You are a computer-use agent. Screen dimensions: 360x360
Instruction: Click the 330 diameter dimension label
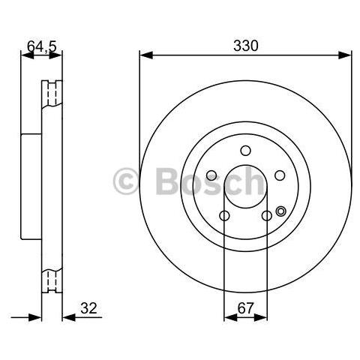tap(245, 46)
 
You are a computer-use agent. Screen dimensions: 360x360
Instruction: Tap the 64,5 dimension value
tap(42, 46)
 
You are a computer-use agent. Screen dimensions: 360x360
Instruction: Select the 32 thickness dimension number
tap(88, 308)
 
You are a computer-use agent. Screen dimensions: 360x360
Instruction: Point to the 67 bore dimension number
tap(245, 308)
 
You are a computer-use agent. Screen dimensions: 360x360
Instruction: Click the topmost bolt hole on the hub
tap(246, 151)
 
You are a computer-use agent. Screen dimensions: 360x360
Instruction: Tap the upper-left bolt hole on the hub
tap(211, 175)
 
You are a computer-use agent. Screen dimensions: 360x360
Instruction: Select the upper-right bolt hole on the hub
tap(280, 175)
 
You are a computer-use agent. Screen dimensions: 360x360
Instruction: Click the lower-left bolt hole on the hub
tap(224, 215)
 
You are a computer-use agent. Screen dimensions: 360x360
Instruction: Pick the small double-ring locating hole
tap(281, 211)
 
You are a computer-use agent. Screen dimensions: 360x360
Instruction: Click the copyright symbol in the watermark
tap(126, 181)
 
